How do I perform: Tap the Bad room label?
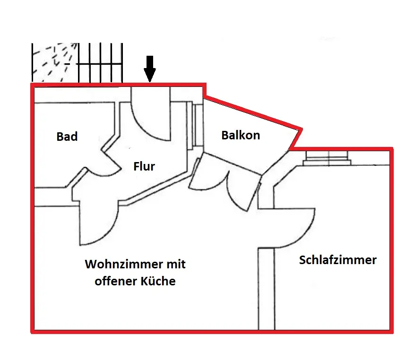click(67, 137)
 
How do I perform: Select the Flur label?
click(144, 166)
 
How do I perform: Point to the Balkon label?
click(241, 135)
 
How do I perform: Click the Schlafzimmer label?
click(337, 260)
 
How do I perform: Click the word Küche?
click(159, 282)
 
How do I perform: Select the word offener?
click(115, 282)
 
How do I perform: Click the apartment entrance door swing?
click(151, 116)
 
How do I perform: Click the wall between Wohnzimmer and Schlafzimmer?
click(266, 288)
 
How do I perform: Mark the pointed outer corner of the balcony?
click(301, 129)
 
